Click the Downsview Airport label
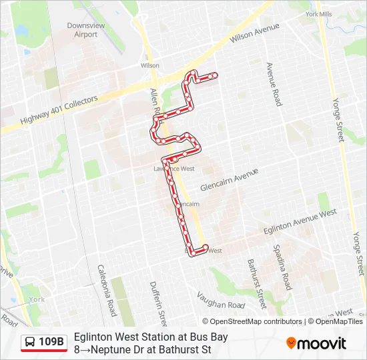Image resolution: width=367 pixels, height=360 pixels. point(85,30)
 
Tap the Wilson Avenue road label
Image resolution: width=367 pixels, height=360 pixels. point(254,34)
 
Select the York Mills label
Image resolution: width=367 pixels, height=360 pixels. point(318,14)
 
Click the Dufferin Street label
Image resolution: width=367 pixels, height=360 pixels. point(158,298)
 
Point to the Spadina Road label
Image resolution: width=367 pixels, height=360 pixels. point(282,267)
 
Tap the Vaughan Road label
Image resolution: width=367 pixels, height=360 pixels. point(223,305)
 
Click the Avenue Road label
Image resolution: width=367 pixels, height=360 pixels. point(274,85)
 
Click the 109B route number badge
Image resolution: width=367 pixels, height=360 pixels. point(51,343)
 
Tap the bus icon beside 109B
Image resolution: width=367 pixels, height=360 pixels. point(30,343)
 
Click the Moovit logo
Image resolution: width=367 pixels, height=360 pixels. point(316,343)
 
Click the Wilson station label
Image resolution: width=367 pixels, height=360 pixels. point(150,66)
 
